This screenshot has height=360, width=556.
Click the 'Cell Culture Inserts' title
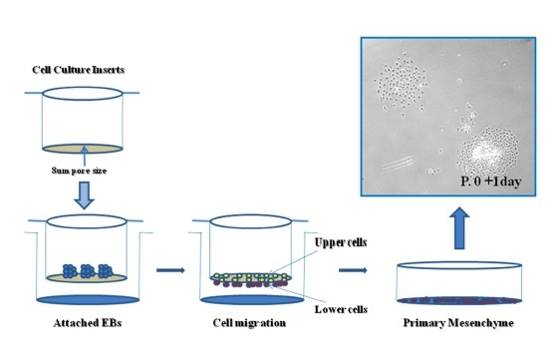click(79, 70)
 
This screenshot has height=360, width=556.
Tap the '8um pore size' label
click(79, 171)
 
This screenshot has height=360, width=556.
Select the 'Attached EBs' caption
click(88, 323)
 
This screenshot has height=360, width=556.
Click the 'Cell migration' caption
click(249, 323)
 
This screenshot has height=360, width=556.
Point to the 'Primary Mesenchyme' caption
click(458, 323)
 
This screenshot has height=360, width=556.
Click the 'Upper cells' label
click(341, 242)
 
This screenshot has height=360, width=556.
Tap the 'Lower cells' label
click(341, 309)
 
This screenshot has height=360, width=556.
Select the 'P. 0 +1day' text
click(491, 181)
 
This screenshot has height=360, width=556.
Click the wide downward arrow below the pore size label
click(84, 195)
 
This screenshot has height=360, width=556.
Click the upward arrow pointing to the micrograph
click(459, 228)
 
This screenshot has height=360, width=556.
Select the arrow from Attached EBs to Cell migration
click(170, 270)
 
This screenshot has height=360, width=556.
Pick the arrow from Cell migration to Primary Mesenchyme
click(353, 270)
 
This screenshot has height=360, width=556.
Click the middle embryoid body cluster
click(88, 271)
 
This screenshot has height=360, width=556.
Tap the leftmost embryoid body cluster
click(70, 271)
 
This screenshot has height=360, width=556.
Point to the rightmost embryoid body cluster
click(106, 271)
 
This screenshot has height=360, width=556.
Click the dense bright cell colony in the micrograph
click(487, 151)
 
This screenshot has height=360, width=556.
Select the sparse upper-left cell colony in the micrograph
click(401, 84)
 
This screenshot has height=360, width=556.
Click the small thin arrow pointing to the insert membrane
click(85, 156)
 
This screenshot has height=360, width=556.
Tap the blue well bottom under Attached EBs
click(88, 300)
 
